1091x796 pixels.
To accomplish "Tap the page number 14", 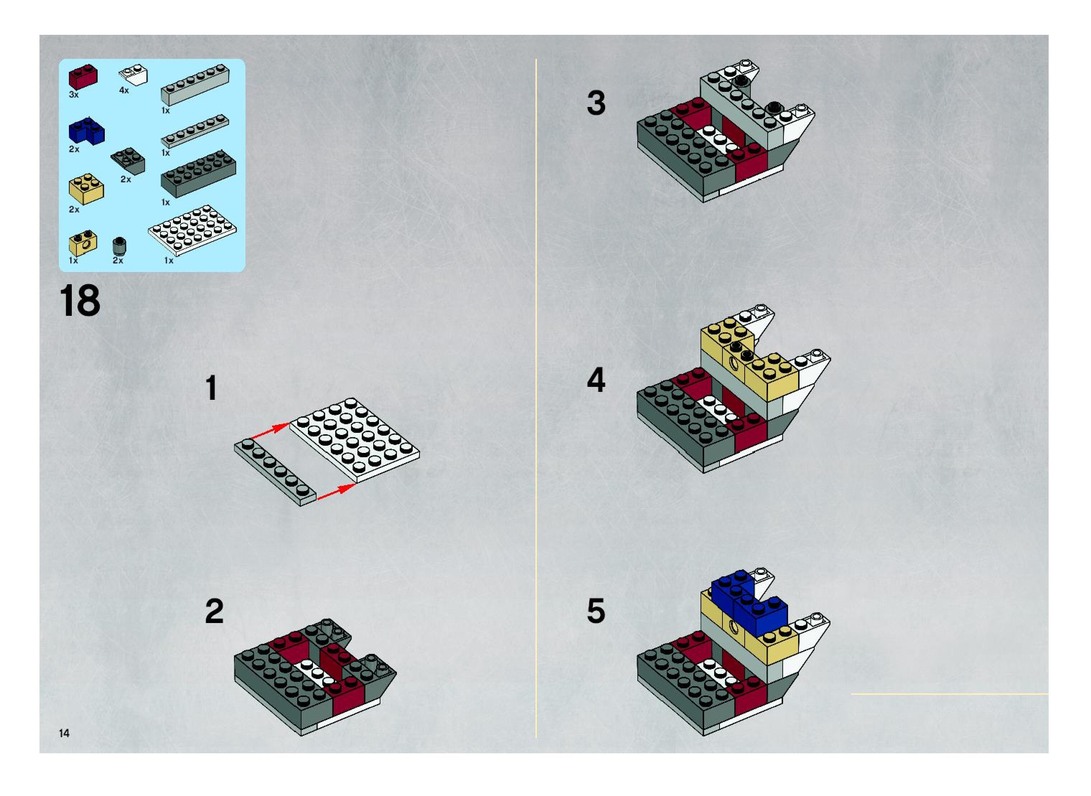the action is (x=64, y=733).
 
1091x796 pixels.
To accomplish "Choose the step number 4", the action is (x=596, y=380).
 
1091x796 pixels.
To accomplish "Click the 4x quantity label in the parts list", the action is (x=124, y=90).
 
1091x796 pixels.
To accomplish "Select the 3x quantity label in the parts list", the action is (x=74, y=94).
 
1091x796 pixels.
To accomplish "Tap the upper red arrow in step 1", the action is (x=270, y=430).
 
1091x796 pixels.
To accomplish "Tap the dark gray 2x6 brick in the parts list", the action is (x=198, y=173).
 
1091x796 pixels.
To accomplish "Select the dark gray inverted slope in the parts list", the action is (x=128, y=161).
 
